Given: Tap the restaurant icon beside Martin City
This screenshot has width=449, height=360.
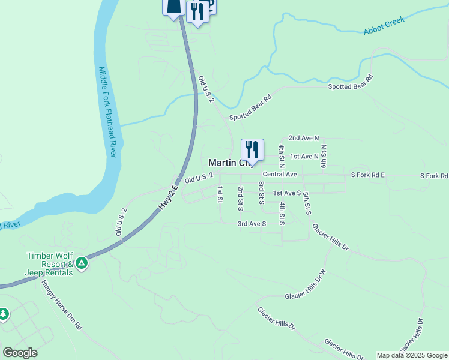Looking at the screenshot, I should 252,149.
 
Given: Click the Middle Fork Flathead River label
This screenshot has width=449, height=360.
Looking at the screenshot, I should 107,112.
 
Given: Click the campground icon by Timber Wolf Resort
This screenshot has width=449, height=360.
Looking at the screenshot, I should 82,263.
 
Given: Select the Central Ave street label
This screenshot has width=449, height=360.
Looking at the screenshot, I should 280,174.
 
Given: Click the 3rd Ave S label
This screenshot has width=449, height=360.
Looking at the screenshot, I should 252,223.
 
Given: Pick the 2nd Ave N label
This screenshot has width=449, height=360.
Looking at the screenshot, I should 304,138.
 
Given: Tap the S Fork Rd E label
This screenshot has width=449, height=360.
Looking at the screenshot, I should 367,175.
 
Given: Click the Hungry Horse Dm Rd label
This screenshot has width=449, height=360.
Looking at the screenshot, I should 61,305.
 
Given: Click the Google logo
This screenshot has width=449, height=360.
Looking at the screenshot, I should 20,353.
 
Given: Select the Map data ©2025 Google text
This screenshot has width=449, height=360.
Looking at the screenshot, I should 412,355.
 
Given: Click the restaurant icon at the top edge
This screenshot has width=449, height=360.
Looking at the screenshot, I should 197,11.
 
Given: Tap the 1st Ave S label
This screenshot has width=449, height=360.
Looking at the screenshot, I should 286,193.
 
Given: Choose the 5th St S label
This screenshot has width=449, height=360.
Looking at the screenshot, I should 306,204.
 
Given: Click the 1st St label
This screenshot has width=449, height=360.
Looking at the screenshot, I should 220,194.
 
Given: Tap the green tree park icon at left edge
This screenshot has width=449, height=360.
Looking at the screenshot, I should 4,314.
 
